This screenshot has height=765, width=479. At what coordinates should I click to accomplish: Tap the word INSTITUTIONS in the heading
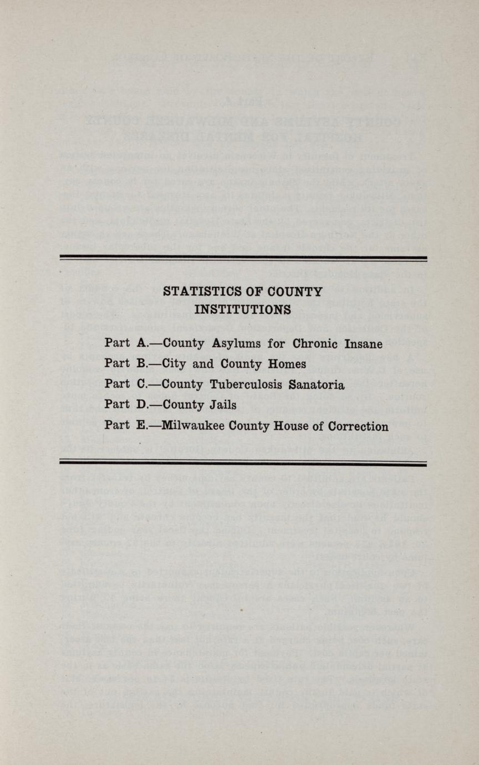point(243,310)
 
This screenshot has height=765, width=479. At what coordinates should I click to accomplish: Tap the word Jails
point(221,405)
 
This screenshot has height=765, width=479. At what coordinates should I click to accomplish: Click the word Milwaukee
point(192,426)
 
